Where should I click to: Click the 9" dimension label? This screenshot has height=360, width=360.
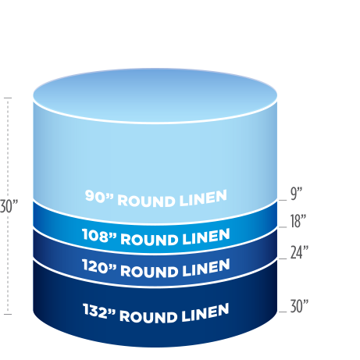[x=296, y=194]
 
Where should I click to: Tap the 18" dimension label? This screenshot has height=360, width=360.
[x=298, y=221]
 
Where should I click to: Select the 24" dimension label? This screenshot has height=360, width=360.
[x=299, y=252]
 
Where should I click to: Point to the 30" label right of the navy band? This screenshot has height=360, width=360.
[x=299, y=306]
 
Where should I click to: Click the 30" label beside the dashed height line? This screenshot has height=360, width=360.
[x=9, y=206]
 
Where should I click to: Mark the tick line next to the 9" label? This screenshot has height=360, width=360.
[x=283, y=201]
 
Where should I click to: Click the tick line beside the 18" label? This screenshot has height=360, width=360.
[x=283, y=227]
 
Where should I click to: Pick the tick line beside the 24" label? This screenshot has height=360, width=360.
[x=283, y=258]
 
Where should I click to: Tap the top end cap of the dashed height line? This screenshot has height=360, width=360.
[x=8, y=98]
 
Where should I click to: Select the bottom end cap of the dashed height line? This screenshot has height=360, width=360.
[x=8, y=314]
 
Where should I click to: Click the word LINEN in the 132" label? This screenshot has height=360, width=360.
[x=205, y=313]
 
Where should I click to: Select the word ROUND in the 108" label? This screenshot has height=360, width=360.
[x=148, y=240]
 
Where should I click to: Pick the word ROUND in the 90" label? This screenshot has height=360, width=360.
[x=146, y=201]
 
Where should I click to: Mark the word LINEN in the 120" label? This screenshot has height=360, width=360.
[x=206, y=268]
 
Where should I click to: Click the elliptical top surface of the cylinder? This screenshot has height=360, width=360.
[x=155, y=96]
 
